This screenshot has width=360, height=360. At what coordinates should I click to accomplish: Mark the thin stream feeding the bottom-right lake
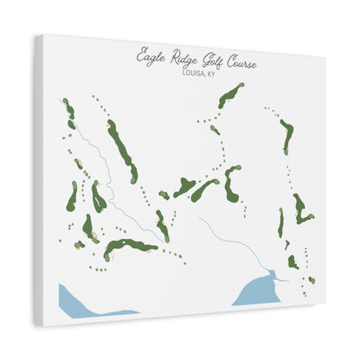[229, 241]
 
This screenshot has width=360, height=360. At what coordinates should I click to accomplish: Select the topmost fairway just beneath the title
[231, 95]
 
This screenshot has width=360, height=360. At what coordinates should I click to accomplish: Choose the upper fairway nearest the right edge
[286, 134]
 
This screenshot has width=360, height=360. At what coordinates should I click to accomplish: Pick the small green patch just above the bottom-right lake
[293, 260]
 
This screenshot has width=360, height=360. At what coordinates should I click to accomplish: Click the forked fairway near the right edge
[300, 209]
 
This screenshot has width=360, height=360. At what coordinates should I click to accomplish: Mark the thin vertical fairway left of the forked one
[280, 223]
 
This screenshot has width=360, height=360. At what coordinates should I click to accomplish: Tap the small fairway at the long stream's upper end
[67, 110]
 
